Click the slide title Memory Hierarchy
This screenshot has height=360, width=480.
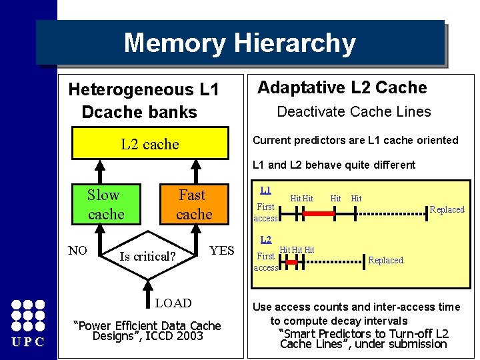[239, 43]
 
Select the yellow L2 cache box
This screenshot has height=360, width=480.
[150, 144]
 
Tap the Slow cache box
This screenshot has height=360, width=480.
[105, 205]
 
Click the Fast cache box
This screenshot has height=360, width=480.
[193, 205]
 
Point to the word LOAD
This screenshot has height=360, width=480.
[173, 303]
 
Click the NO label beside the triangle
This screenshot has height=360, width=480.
[79, 251]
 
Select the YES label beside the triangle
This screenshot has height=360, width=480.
[221, 251]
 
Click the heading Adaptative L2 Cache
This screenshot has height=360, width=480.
[342, 87]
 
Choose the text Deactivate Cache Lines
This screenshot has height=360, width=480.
[354, 112]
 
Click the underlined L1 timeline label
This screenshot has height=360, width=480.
[265, 191]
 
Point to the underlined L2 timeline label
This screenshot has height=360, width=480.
[265, 239]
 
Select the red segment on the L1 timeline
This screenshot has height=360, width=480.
[318, 213]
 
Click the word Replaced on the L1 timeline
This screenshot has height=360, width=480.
[447, 209]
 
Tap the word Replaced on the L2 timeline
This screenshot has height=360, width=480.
[385, 260]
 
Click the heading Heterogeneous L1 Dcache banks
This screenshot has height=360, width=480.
[143, 100]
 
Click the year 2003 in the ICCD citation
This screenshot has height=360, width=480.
[189, 337]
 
